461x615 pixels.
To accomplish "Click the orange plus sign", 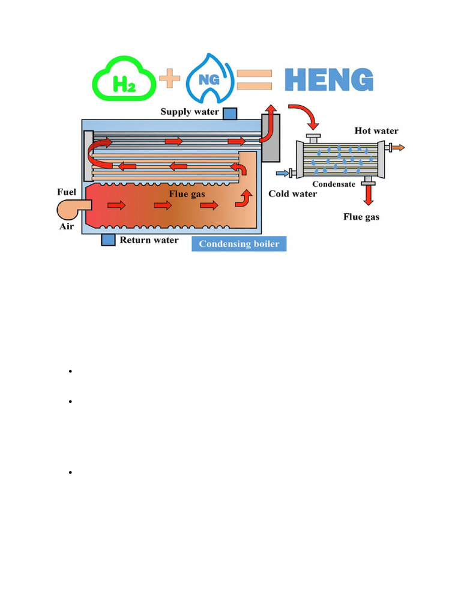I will pos(170,79).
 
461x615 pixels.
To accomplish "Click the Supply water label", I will pos(189,112).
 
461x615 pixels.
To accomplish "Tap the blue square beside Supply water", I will pos(230,114).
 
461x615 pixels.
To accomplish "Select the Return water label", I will pos(149,240).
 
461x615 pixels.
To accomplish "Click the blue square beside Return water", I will pos(107,240).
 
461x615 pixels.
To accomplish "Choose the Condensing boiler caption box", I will pos(239,244).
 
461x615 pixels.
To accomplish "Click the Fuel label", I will pos(67,192).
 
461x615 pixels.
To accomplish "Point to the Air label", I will pos(67,226).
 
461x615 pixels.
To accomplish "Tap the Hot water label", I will pos(376,131).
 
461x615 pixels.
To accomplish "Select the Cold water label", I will pos(292,193).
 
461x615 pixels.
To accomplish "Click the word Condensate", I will pos(333,184).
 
